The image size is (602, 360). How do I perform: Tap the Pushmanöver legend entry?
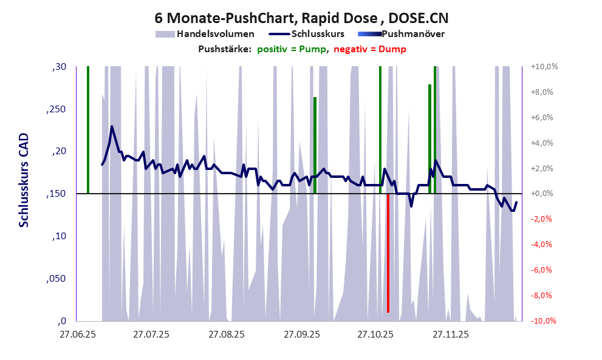(416, 34)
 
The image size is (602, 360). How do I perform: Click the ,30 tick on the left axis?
(60, 67)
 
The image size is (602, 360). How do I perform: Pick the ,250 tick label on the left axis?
(57, 109)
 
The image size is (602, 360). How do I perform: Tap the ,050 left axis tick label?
(57, 279)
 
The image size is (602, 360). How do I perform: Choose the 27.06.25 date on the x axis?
(77, 334)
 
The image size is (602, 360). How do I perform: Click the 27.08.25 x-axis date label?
(226, 334)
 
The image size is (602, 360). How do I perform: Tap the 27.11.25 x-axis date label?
(450, 334)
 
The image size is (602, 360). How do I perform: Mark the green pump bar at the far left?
(88, 130)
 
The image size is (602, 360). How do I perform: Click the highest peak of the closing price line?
(112, 127)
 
